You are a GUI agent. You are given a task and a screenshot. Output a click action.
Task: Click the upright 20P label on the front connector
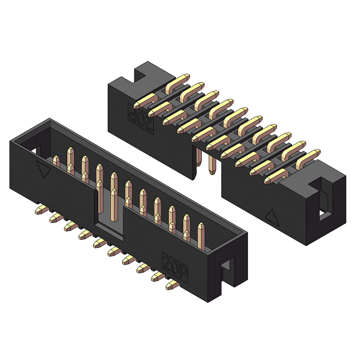tap(175, 267)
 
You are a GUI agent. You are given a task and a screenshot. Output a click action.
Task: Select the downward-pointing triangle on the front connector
tap(43, 169)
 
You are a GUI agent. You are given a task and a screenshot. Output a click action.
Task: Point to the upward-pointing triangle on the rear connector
tap(272, 217)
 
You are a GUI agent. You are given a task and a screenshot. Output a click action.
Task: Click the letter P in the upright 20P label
tap(182, 273)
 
